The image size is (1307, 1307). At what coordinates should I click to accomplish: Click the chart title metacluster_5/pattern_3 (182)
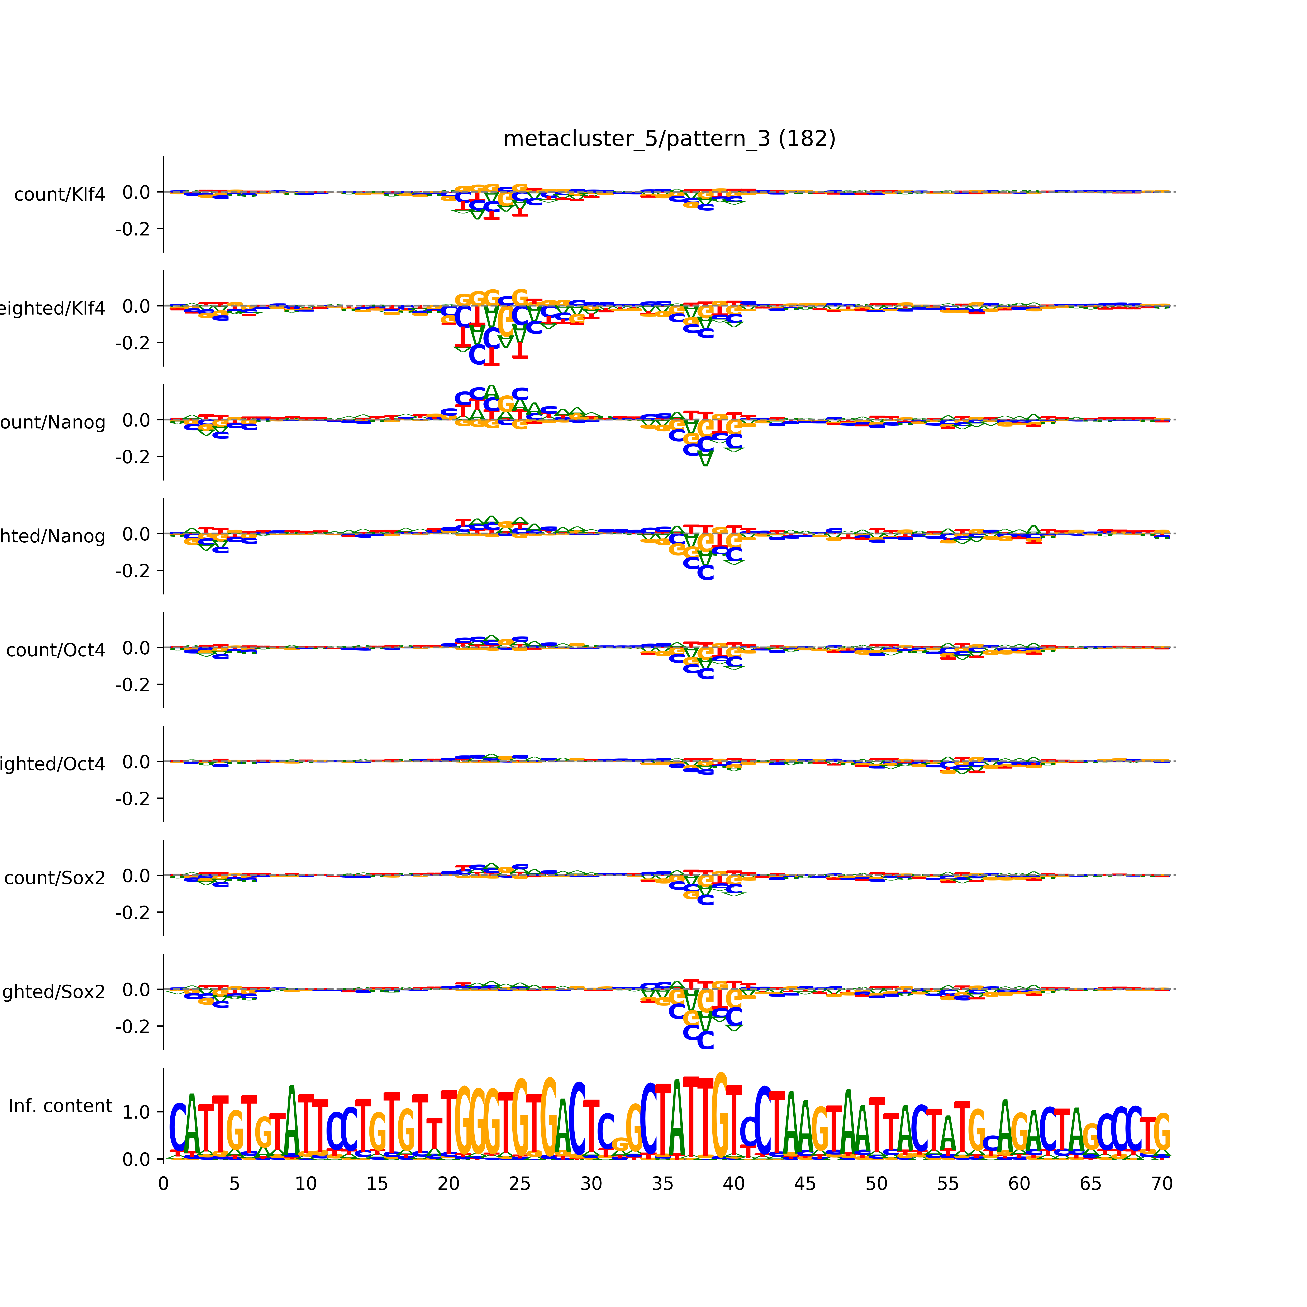click(x=669, y=139)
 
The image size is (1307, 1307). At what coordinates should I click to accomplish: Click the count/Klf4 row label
click(x=59, y=195)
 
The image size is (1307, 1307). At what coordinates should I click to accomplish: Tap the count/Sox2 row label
click(x=55, y=878)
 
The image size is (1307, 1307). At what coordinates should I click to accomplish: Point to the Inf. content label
click(x=60, y=1106)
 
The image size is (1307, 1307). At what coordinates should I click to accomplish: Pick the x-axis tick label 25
click(x=520, y=1184)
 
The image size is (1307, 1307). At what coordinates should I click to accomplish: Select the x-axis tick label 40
click(x=733, y=1184)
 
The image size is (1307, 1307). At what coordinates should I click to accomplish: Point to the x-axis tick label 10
click(x=306, y=1184)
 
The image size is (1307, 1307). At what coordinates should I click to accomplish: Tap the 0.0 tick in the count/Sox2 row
click(x=137, y=876)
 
